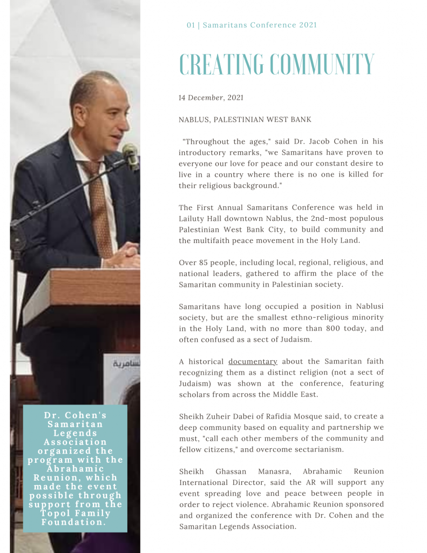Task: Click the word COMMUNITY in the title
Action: tap(322, 65)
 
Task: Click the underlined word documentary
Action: tap(253, 361)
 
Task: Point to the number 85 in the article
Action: tap(204, 262)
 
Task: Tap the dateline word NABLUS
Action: tap(194, 119)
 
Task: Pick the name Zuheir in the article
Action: tap(222, 416)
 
